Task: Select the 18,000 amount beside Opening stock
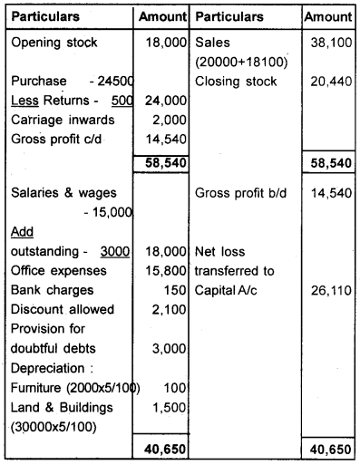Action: pyautogui.click(x=164, y=42)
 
